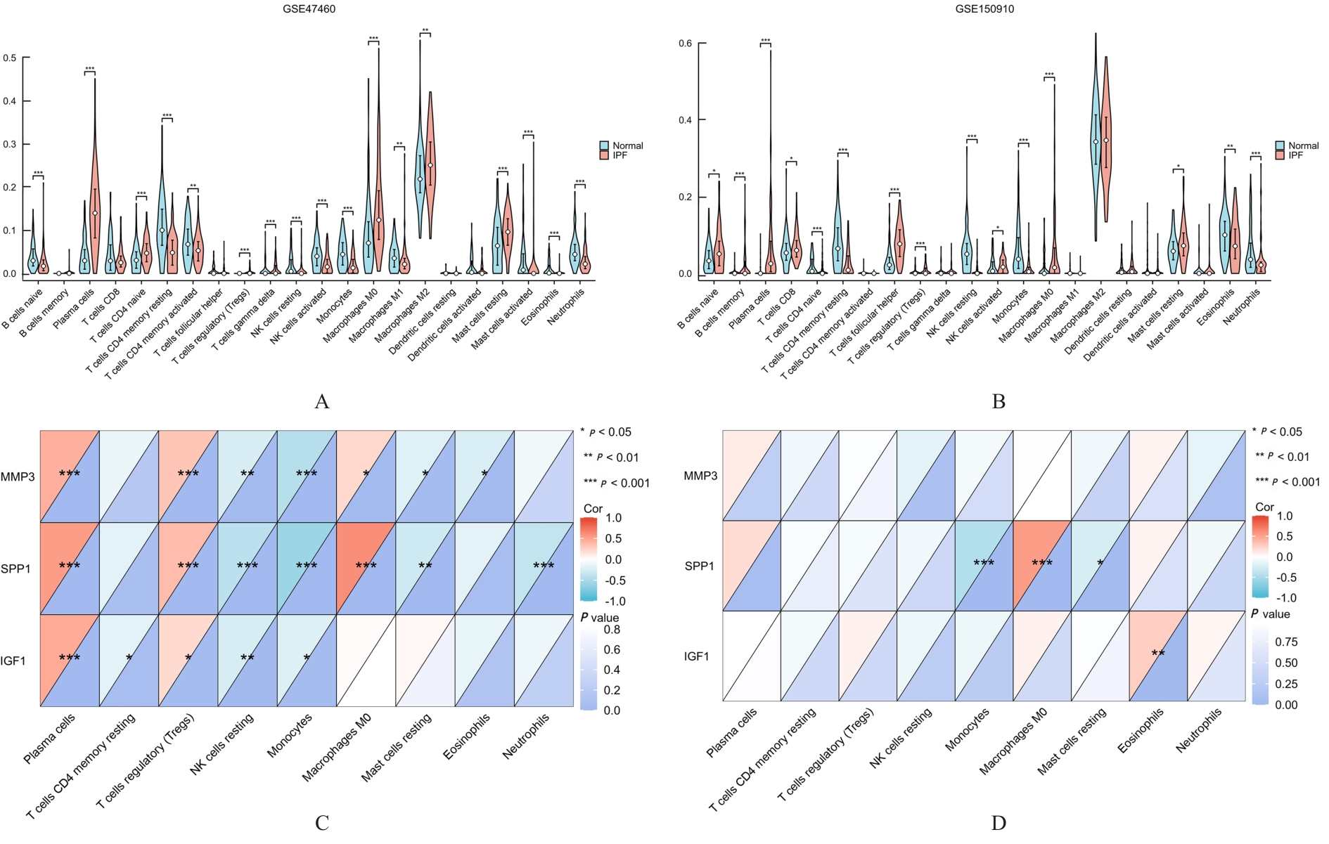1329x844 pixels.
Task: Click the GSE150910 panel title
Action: [984, 9]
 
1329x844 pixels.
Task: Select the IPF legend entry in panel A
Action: [619, 155]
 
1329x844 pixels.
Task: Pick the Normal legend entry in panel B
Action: [1302, 145]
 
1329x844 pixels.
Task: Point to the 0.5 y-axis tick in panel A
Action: [10, 58]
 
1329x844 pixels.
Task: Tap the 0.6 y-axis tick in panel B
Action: [685, 44]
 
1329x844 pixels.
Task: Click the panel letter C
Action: [322, 823]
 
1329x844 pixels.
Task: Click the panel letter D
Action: [999, 823]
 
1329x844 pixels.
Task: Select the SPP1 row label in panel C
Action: [16, 569]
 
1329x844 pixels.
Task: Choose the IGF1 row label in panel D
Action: [697, 656]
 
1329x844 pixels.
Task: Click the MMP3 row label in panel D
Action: [700, 476]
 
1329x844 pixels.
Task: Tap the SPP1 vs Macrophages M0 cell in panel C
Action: [366, 568]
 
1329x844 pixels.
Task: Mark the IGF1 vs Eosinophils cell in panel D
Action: [1158, 656]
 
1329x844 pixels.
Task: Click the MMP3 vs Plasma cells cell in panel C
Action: [69, 476]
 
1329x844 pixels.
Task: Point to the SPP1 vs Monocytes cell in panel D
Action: [984, 566]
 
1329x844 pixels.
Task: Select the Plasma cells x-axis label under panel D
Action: [731, 733]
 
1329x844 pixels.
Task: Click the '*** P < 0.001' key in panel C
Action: [616, 483]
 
